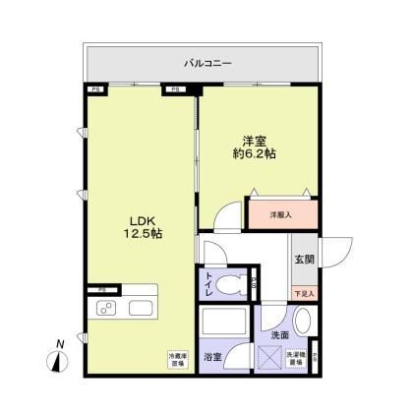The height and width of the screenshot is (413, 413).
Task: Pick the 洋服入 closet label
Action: [x=282, y=213]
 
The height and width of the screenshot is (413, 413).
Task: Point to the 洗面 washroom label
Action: [x=280, y=335]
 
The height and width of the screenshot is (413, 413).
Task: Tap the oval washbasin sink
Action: [x=303, y=322]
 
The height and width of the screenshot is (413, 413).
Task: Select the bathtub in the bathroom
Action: [x=224, y=324]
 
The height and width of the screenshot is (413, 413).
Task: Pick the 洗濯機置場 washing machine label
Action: [x=295, y=361]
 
